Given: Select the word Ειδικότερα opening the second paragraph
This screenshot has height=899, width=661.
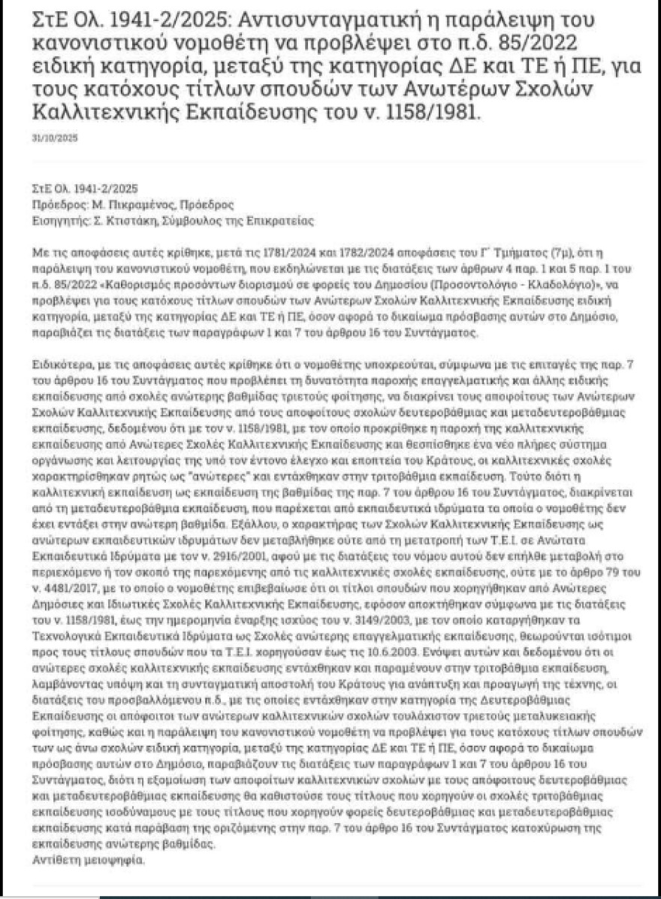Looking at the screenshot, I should click(x=61, y=364).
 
